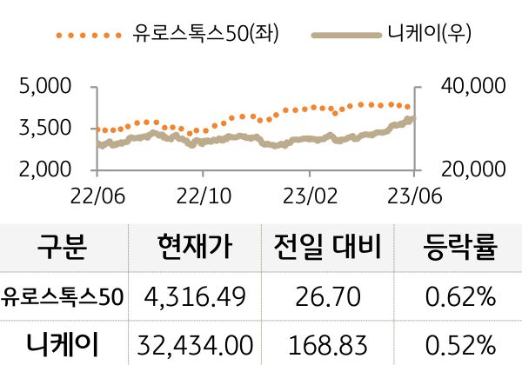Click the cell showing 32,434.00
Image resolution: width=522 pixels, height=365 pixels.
[196, 344]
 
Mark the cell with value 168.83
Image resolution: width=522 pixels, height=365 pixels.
[327, 344]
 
